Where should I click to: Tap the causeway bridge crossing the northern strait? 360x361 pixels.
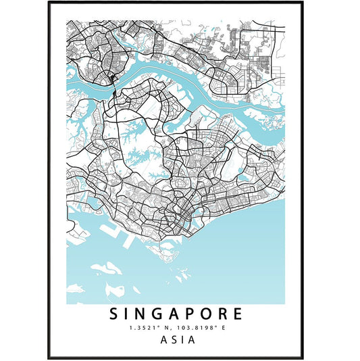pyautogui.click(x=113, y=85)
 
